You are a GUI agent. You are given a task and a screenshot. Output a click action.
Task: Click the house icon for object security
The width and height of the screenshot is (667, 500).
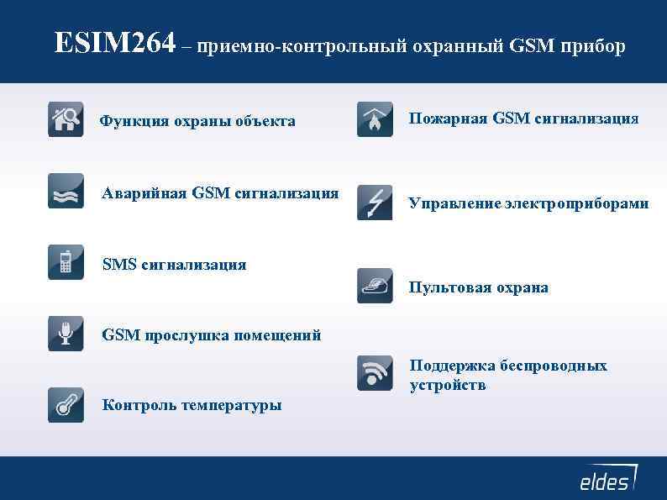pyautogui.click(x=66, y=118)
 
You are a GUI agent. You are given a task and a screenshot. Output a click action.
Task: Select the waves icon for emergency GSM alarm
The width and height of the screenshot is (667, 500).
pyautogui.click(x=66, y=191)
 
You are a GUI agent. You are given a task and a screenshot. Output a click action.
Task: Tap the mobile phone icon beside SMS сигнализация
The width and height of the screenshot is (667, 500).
pyautogui.click(x=66, y=261)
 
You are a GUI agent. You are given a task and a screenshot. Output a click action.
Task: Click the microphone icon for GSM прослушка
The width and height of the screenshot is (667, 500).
pyautogui.click(x=66, y=334)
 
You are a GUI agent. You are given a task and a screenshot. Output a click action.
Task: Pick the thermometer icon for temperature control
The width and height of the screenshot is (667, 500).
pyautogui.click(x=66, y=405)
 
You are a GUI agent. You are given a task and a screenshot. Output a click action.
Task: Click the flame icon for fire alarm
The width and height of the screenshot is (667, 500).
pyautogui.click(x=375, y=119)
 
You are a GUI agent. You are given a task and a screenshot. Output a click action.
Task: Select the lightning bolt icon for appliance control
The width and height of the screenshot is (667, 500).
pyautogui.click(x=375, y=203)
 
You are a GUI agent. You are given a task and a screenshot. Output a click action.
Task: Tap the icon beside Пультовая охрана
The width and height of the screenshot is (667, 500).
pyautogui.click(x=375, y=286)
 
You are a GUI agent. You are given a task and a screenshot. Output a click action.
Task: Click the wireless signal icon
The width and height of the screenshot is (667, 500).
pyautogui.click(x=375, y=372)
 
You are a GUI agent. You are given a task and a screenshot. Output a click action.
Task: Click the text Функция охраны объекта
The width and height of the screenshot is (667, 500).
pyautogui.click(x=197, y=122)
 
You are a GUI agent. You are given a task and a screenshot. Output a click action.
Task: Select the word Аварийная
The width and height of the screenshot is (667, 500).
pyautogui.click(x=144, y=193)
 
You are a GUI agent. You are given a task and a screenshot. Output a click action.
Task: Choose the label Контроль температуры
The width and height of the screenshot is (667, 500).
pyautogui.click(x=192, y=406)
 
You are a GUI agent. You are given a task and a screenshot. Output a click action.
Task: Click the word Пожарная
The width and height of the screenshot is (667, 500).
pyautogui.click(x=448, y=118)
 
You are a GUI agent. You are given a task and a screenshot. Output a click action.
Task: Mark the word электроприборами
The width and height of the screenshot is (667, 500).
pyautogui.click(x=576, y=203)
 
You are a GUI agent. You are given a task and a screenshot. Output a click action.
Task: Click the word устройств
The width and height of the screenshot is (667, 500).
pyautogui.click(x=447, y=386)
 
